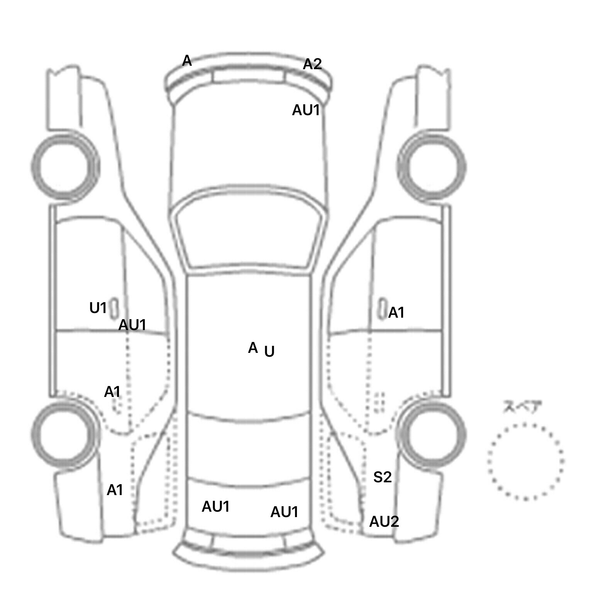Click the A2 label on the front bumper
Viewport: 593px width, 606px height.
click(312, 64)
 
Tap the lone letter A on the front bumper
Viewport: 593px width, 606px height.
click(187, 61)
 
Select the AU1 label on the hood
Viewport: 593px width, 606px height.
click(306, 110)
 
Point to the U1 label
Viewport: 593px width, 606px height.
click(98, 308)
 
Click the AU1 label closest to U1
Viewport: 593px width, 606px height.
click(132, 325)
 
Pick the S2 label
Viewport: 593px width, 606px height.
click(383, 477)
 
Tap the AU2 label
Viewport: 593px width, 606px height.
click(384, 522)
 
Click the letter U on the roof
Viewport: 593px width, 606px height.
click(269, 351)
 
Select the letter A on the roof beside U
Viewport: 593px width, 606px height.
click(253, 348)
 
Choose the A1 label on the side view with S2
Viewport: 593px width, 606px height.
click(396, 313)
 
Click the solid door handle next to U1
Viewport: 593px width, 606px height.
click(114, 308)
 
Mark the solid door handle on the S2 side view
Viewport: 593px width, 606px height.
click(382, 308)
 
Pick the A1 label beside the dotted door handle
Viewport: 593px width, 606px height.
click(112, 392)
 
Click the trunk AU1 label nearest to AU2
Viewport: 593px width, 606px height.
click(285, 512)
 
